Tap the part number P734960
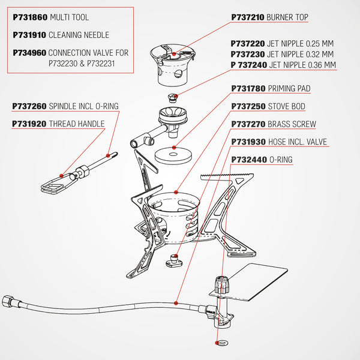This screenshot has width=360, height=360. pos(29,52)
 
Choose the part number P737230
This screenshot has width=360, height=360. pos(248,54)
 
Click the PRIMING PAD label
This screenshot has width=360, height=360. pos(289,89)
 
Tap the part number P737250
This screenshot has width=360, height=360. pos(248,107)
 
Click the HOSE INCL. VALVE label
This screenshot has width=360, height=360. pos(298,143)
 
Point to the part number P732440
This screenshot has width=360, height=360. pos(248,161)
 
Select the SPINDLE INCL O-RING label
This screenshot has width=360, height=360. pos(83,106)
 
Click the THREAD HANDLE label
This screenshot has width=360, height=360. pos(76,124)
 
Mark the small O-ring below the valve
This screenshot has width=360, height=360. pos(216,344)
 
